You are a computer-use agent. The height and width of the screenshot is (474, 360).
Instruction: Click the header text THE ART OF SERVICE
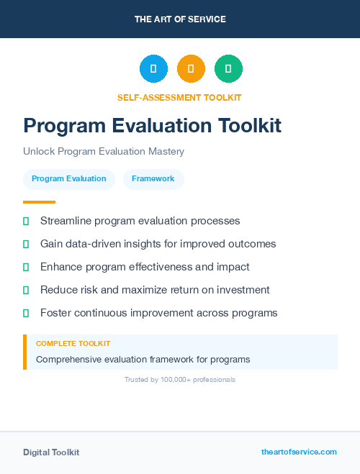[x=180, y=19]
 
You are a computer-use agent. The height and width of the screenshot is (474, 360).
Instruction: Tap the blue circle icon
[x=153, y=69]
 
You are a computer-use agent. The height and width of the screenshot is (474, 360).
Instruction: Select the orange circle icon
[x=191, y=69]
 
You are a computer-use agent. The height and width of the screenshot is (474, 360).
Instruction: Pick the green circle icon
[x=228, y=69]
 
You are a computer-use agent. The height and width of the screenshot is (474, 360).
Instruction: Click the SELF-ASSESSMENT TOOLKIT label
[x=180, y=97]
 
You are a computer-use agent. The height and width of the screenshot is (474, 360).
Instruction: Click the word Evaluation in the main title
[x=162, y=126]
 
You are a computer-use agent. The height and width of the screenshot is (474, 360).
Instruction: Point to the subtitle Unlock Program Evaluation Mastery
[x=104, y=152]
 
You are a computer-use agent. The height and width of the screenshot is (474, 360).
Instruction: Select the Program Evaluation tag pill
[x=69, y=178]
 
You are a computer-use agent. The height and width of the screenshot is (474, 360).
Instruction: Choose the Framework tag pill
[x=153, y=178]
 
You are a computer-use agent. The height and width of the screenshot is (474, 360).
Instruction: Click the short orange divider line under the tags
[x=39, y=202]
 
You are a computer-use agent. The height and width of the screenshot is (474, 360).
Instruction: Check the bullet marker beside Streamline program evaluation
[x=26, y=221]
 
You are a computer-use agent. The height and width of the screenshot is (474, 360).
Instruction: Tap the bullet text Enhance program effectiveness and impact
[x=145, y=267]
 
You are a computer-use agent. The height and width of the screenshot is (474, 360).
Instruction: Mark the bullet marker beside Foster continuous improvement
[x=26, y=313]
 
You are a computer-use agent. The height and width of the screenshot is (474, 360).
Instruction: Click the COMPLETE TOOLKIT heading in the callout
[x=73, y=344]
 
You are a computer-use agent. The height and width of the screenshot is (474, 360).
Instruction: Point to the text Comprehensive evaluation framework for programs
[x=143, y=359]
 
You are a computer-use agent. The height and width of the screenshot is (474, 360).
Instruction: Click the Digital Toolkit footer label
[x=51, y=452]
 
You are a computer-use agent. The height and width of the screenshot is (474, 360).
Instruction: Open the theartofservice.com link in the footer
[x=299, y=452]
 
